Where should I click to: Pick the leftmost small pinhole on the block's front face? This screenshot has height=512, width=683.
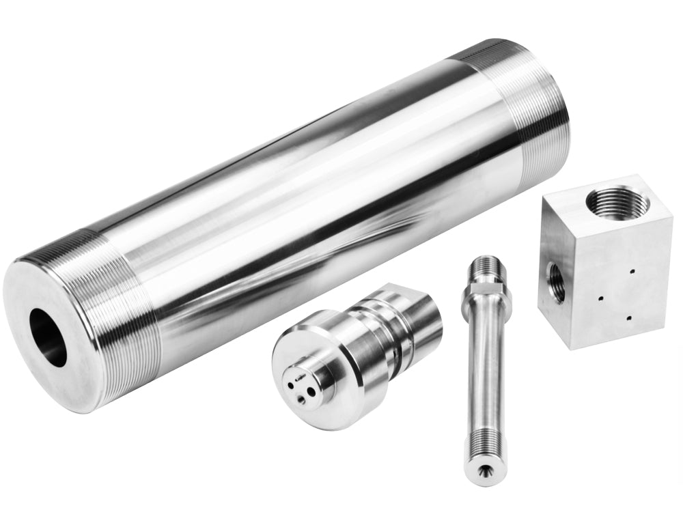pyautogui.click(x=600, y=298)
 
